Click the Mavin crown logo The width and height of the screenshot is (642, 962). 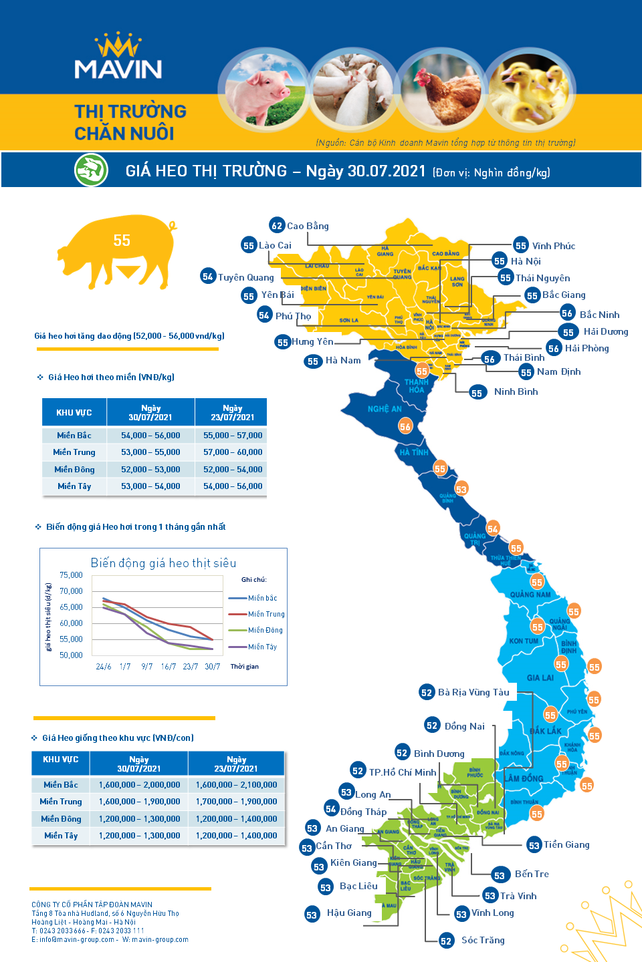click(x=118, y=45)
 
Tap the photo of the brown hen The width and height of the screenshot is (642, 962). click(x=441, y=90)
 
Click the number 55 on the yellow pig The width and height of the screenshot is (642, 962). click(x=122, y=240)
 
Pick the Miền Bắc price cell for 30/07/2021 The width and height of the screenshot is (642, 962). click(x=150, y=436)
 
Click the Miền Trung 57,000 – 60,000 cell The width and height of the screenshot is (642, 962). click(x=233, y=452)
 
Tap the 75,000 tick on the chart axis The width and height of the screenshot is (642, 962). click(x=71, y=575)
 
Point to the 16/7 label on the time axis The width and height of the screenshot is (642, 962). click(x=169, y=667)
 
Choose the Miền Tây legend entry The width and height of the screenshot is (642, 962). click(x=262, y=647)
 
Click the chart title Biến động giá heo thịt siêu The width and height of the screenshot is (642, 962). click(x=163, y=563)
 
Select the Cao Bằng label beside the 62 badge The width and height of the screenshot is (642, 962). click(x=308, y=226)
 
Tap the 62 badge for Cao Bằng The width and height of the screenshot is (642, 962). click(x=277, y=226)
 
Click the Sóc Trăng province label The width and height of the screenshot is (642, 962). click(x=483, y=940)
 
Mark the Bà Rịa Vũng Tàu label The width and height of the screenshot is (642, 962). click(x=473, y=692)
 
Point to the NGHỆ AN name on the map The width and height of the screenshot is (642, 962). click(x=385, y=409)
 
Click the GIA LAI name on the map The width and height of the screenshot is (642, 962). click(x=540, y=677)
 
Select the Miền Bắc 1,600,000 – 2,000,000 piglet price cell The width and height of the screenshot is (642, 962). click(x=139, y=785)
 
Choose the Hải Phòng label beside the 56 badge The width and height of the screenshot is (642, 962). click(x=586, y=348)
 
